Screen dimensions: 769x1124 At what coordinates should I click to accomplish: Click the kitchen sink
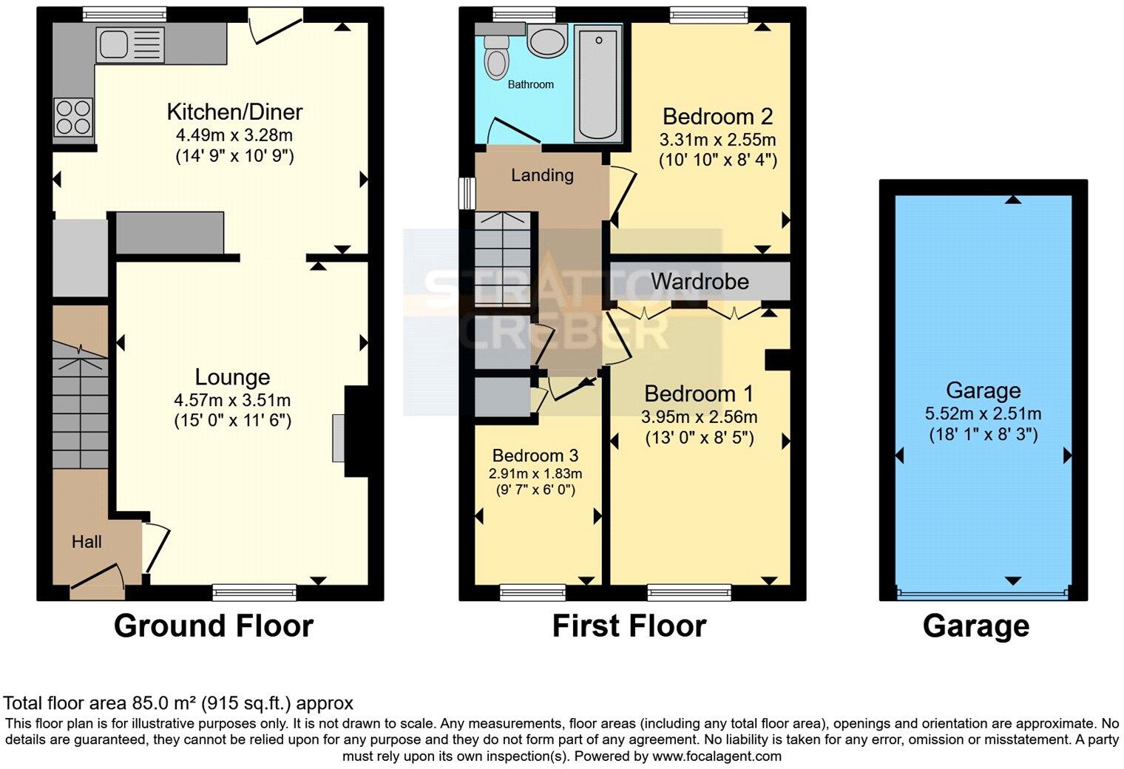(121, 44)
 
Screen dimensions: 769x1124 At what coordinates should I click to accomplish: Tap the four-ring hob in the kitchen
(73, 118)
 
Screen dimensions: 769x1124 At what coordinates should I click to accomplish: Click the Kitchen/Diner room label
(234, 112)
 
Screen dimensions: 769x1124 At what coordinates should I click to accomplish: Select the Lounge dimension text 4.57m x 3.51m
(232, 400)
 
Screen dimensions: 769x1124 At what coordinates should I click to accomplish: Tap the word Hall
(87, 542)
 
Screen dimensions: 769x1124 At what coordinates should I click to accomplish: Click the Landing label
(542, 175)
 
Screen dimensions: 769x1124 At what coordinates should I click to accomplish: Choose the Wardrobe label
(700, 281)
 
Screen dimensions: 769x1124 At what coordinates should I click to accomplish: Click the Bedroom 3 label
(535, 455)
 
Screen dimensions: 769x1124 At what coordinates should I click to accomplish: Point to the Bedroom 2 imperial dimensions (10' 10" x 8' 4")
(717, 160)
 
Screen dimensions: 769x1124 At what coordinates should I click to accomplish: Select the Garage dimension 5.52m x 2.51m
(983, 413)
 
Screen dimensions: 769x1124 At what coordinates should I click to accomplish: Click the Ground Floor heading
(213, 626)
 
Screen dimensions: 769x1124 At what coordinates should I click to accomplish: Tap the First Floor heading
(629, 626)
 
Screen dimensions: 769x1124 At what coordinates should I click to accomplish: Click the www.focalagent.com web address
(717, 756)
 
